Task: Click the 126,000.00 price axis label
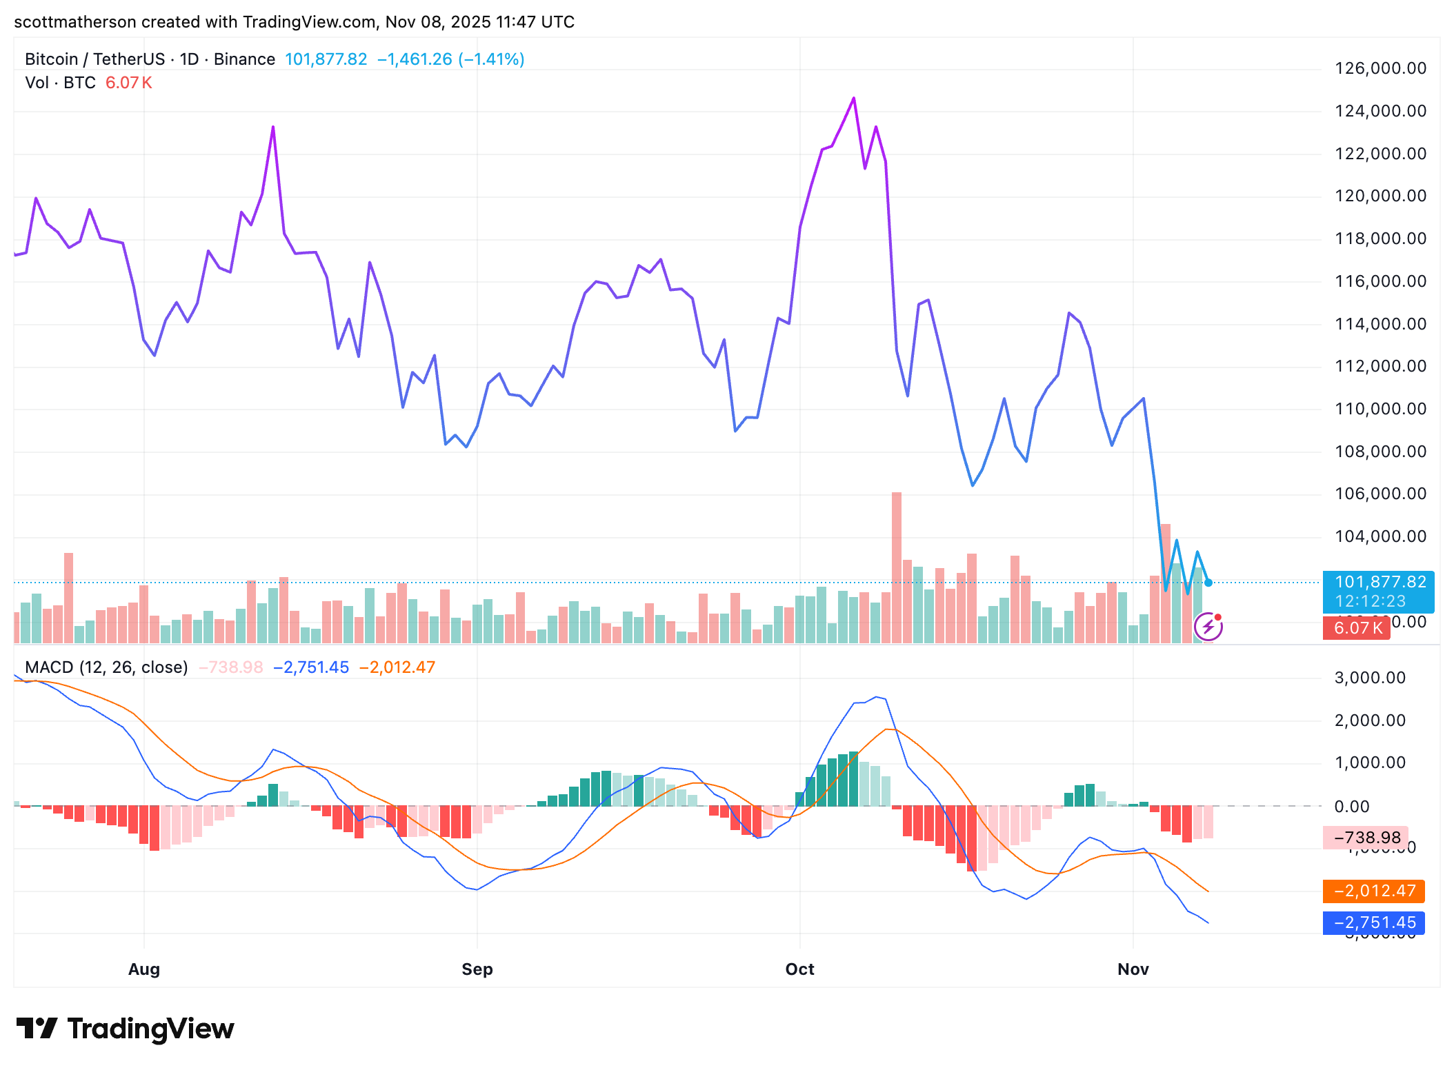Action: click(x=1380, y=68)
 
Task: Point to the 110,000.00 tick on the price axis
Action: click(x=1380, y=409)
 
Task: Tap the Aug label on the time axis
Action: click(x=144, y=969)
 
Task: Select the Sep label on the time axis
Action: click(x=477, y=969)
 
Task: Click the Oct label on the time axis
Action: click(x=800, y=969)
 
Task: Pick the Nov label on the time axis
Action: click(x=1133, y=969)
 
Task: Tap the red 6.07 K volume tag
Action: click(x=1357, y=628)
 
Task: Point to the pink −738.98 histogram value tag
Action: click(x=1366, y=838)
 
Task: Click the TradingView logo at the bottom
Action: click(x=126, y=1029)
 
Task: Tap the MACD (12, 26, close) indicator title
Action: click(x=106, y=667)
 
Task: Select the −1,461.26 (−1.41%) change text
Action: click(x=451, y=59)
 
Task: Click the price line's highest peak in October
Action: click(x=854, y=99)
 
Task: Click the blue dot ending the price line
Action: click(x=1208, y=583)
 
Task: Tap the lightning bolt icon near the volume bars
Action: click(x=1208, y=627)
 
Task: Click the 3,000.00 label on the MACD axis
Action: click(x=1370, y=678)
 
